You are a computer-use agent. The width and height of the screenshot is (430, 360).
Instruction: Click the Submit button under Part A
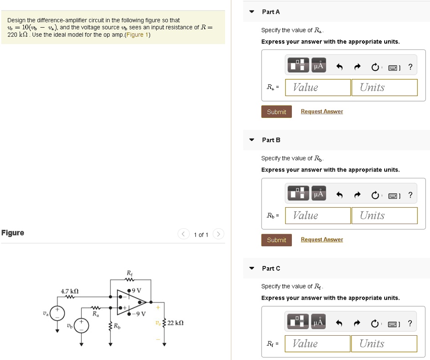(276, 112)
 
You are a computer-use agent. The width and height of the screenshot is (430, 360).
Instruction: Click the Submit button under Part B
(276, 240)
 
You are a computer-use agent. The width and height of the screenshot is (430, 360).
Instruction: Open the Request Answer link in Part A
(322, 111)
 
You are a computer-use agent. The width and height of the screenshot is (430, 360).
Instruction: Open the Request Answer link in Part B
(322, 240)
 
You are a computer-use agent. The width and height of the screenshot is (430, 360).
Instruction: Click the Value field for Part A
(318, 87)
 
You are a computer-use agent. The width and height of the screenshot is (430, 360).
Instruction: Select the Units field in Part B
(384, 216)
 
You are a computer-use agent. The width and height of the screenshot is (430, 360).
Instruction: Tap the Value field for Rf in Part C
(317, 344)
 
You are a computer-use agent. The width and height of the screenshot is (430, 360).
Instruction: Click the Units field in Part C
(383, 344)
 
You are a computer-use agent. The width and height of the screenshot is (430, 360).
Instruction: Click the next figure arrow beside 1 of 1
(218, 234)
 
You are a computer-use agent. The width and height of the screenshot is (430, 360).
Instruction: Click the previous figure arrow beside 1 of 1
(184, 234)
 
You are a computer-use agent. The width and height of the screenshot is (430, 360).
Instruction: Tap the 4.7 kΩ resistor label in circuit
(70, 291)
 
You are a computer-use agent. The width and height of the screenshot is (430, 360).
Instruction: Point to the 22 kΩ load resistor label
(176, 323)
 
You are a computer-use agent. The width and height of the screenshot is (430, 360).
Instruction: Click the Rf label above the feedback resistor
(129, 273)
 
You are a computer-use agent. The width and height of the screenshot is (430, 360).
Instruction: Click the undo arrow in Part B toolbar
(340, 194)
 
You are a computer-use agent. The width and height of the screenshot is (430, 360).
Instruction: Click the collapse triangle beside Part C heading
(252, 268)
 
